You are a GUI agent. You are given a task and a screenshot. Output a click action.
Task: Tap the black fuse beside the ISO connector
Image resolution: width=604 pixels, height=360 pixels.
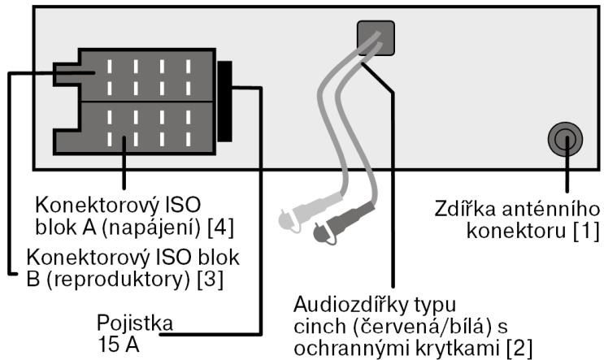click(x=224, y=100)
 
